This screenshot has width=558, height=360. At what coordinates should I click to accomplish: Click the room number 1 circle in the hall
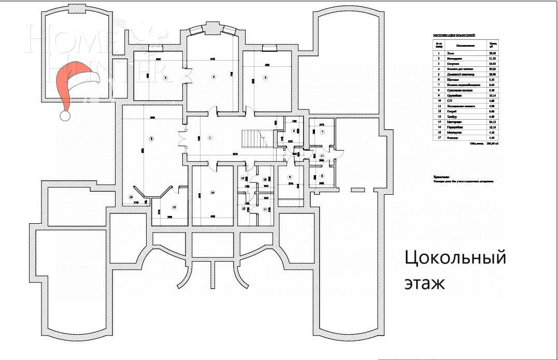[x=210, y=138]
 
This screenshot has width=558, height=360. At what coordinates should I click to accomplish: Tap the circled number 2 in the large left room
[x=151, y=138]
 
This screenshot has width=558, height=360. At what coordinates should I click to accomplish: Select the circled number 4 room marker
[x=213, y=77]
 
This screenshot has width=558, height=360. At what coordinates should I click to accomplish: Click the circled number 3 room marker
[x=165, y=78]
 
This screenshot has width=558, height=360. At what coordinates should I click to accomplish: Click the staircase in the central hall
[x=254, y=139]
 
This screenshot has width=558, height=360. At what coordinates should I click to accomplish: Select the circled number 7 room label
[x=322, y=133]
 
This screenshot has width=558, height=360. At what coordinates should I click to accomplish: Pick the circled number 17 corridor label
[x=322, y=155]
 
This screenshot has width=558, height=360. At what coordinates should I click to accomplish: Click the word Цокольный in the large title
[x=454, y=257]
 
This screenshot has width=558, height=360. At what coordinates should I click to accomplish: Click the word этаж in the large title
[x=424, y=284]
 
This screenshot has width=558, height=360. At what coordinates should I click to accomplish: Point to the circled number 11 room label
[x=265, y=209]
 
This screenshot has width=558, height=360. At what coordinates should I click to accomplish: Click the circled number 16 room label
[x=131, y=197]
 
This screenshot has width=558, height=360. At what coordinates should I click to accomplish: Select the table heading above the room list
[x=454, y=36]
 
